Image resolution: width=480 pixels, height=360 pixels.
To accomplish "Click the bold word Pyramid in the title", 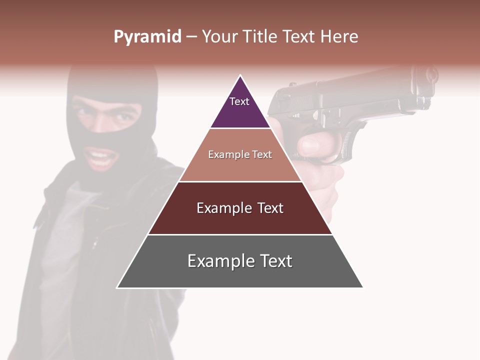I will click(147, 37).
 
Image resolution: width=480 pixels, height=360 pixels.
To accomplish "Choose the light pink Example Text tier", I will click(240, 155).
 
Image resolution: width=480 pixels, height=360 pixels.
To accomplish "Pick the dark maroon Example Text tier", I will click(240, 208).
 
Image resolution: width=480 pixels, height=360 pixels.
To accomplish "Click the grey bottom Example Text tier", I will click(240, 261).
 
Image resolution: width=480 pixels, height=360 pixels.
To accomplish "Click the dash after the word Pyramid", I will click(191, 37).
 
